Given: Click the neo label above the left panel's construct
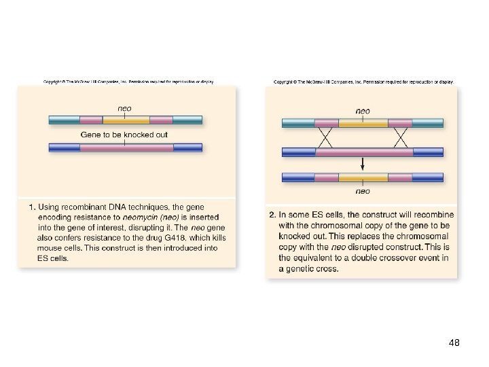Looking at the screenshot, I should (x=124, y=107).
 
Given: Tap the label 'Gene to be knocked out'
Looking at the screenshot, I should (x=124, y=135).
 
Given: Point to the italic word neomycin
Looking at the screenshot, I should (x=142, y=217).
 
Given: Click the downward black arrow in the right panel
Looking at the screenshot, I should (x=363, y=163).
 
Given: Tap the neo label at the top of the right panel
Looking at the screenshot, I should (x=363, y=111).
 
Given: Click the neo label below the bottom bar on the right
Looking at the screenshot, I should (x=363, y=191).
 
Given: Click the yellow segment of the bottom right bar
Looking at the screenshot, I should (x=363, y=178).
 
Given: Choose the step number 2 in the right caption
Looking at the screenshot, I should (x=271, y=215).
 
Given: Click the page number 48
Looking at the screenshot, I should (x=454, y=343).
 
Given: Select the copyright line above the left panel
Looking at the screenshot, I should (x=129, y=82).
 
